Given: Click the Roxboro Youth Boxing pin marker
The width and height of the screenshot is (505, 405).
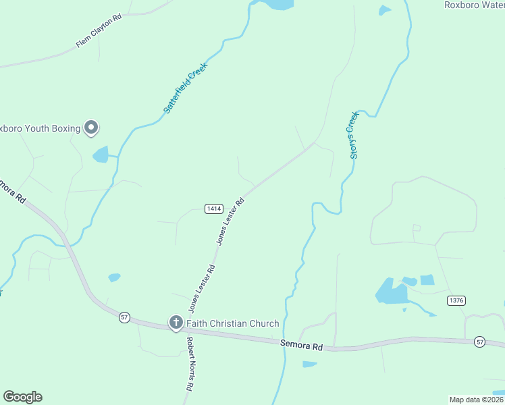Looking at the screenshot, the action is pyautogui.click(x=91, y=127).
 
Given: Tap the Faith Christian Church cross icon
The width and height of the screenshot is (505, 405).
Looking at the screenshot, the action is pyautogui.click(x=176, y=323).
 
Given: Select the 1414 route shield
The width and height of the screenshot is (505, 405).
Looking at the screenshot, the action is pyautogui.click(x=213, y=209).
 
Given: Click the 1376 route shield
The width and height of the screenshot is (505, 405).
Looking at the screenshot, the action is pyautogui.click(x=456, y=300).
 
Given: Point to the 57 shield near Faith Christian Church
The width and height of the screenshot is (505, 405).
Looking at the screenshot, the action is pyautogui.click(x=124, y=317).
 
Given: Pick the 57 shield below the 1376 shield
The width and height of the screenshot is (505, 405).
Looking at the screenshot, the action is pyautogui.click(x=479, y=342).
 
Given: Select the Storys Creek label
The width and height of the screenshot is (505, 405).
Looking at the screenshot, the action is pyautogui.click(x=352, y=135).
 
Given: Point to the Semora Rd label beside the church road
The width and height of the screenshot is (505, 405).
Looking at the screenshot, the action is pyautogui.click(x=301, y=345).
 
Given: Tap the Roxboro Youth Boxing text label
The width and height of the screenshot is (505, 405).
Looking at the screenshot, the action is pyautogui.click(x=39, y=128).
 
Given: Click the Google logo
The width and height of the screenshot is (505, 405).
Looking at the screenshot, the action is pyautogui.click(x=22, y=397).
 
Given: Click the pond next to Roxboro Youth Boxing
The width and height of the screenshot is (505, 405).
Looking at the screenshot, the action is pyautogui.click(x=101, y=155).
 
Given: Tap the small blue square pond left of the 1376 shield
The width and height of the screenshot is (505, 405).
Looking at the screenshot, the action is pyautogui.click(x=427, y=279).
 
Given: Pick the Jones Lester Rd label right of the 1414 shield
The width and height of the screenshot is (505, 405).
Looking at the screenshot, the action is pyautogui.click(x=230, y=221).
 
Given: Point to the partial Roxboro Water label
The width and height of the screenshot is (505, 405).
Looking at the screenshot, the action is pyautogui.click(x=474, y=5).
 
